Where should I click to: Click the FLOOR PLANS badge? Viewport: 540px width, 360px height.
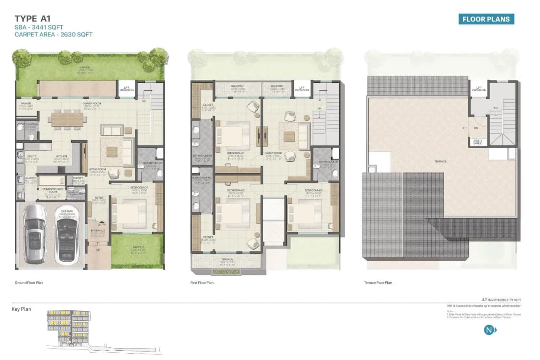pos(486,19)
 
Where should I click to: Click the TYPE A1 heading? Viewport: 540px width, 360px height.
pos(32,19)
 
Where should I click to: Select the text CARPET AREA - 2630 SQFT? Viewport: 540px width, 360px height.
pos(53,35)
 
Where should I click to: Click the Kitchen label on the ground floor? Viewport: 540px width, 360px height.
pos(61,157)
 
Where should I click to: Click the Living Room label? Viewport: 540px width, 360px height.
pos(97,169)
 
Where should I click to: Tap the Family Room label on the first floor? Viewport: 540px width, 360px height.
pos(273,153)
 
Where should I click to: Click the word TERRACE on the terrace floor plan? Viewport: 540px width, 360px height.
pos(441,162)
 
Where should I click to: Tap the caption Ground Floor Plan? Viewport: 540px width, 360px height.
pos(29,283)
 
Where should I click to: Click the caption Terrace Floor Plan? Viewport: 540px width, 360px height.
pos(378,283)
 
